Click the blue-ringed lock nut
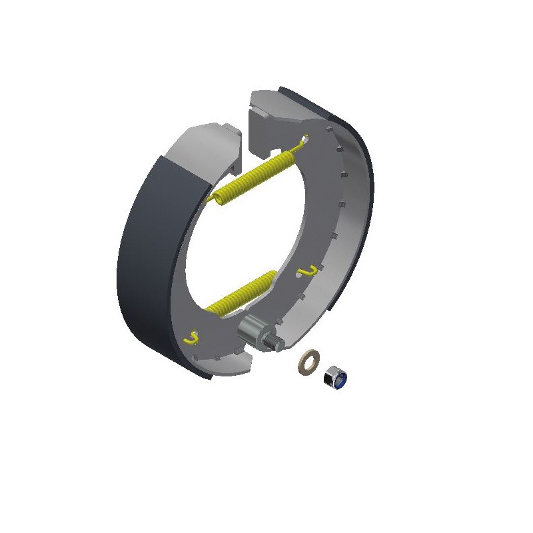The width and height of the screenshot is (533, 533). pyautogui.click(x=335, y=378)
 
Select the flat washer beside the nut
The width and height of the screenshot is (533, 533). pyautogui.click(x=308, y=363)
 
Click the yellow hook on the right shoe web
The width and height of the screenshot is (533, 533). pyautogui.click(x=307, y=270)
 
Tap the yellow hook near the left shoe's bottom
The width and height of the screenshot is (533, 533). pyautogui.click(x=191, y=338)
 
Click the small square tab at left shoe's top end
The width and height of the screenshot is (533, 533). pyautogui.click(x=231, y=131)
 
